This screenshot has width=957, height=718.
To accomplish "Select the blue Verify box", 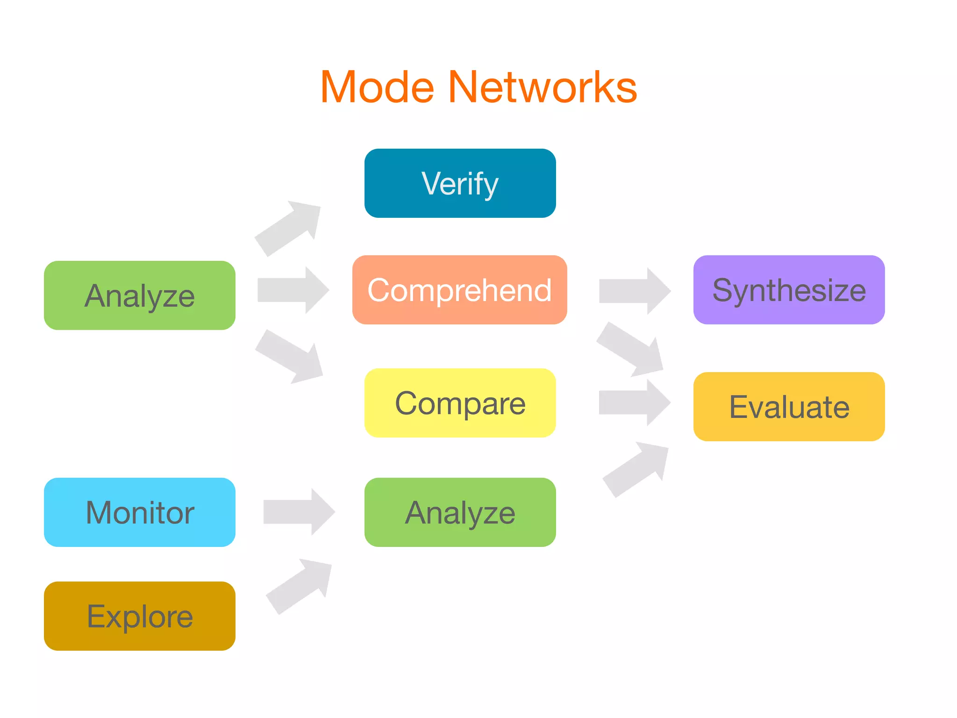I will click(460, 183).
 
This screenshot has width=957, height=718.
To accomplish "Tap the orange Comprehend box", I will click(459, 290).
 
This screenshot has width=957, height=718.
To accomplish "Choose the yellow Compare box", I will click(460, 403).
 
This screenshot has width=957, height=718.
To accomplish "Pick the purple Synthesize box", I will click(789, 290).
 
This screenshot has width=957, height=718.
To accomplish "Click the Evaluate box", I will click(789, 407).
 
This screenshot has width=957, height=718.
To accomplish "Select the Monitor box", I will click(139, 512).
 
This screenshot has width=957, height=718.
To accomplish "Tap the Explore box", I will click(139, 616).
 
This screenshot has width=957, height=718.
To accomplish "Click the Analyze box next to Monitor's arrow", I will click(460, 512).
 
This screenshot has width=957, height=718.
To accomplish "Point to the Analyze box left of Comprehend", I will click(139, 295).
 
